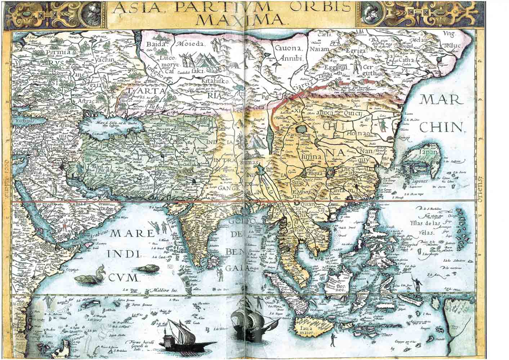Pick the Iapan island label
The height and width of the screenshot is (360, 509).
click(428, 152)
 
